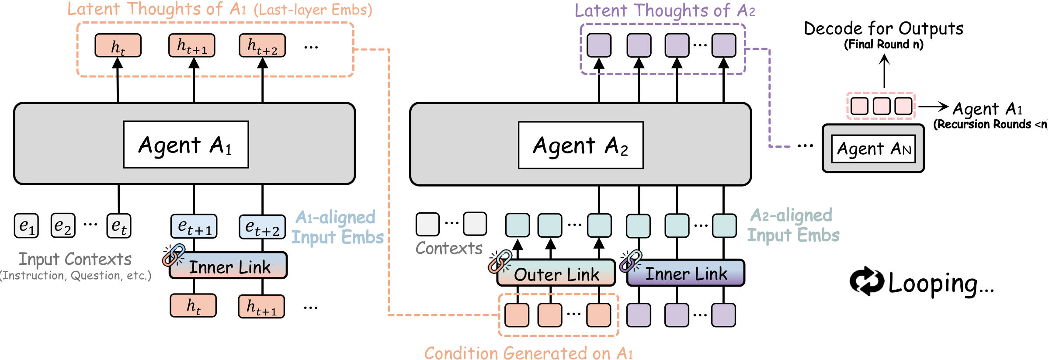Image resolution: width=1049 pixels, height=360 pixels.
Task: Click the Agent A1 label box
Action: pyautogui.click(x=186, y=145)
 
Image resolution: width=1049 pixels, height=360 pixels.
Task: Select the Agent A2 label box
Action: pyautogui.click(x=580, y=145)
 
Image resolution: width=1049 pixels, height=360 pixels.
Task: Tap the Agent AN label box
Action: pyautogui.click(x=873, y=149)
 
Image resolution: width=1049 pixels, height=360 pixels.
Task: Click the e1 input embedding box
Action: pyautogui.click(x=26, y=225)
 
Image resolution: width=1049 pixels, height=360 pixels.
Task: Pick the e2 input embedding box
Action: pyautogui.click(x=63, y=225)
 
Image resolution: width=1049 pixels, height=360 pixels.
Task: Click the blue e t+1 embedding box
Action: pyautogui.click(x=194, y=226)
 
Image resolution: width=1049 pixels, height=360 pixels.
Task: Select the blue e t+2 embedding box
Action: pyautogui.click(x=262, y=227)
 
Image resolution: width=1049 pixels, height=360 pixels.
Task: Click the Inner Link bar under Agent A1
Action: pyautogui.click(x=229, y=266)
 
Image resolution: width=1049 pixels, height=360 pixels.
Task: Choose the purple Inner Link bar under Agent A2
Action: pyautogui.click(x=686, y=273)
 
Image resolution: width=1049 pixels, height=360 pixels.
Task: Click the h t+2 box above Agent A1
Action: pyautogui.click(x=262, y=45)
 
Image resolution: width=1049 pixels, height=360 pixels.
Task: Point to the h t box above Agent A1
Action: pyautogui.click(x=118, y=46)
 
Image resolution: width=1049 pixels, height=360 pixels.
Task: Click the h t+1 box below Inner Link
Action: pyautogui.click(x=261, y=306)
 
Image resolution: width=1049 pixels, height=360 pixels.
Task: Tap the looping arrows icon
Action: pyautogui.click(x=866, y=281)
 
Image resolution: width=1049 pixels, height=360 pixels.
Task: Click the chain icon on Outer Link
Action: pyautogui.click(x=500, y=261)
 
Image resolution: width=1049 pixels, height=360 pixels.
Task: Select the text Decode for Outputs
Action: pyautogui.click(x=883, y=29)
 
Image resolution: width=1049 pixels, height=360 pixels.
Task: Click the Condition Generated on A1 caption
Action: pyautogui.click(x=528, y=353)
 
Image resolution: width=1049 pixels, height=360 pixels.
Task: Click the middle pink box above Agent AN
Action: pyautogui.click(x=881, y=106)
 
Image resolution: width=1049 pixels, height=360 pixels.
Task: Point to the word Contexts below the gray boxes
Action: pyautogui.click(x=449, y=248)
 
